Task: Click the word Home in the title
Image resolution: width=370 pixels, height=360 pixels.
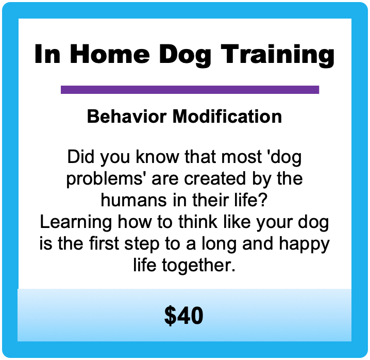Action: pyautogui.click(x=110, y=54)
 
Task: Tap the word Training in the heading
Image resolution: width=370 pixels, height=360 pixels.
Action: pyautogui.click(x=277, y=56)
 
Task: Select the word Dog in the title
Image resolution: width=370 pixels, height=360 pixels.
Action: pyautogui.click(x=185, y=56)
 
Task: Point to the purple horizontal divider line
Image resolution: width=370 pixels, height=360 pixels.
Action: pyautogui.click(x=190, y=90)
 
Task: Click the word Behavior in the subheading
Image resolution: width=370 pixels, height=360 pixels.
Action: pyautogui.click(x=127, y=116)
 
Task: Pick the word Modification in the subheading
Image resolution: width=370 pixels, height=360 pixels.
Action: pyautogui.click(x=227, y=116)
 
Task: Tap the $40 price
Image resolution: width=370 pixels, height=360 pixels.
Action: pyautogui.click(x=183, y=315)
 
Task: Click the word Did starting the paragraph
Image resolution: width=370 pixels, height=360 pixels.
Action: pyautogui.click(x=81, y=156)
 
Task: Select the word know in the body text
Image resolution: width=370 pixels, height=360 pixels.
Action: pyautogui.click(x=157, y=156)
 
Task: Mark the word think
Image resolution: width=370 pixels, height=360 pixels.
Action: pyautogui.click(x=197, y=222)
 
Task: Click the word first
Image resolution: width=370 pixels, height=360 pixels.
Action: pyautogui.click(x=104, y=243)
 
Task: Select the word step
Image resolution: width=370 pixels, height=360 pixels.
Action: pyautogui.click(x=142, y=245)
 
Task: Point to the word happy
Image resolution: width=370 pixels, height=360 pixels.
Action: pyautogui.click(x=304, y=245)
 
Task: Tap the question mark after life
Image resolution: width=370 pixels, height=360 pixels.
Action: pyautogui.click(x=263, y=200)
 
